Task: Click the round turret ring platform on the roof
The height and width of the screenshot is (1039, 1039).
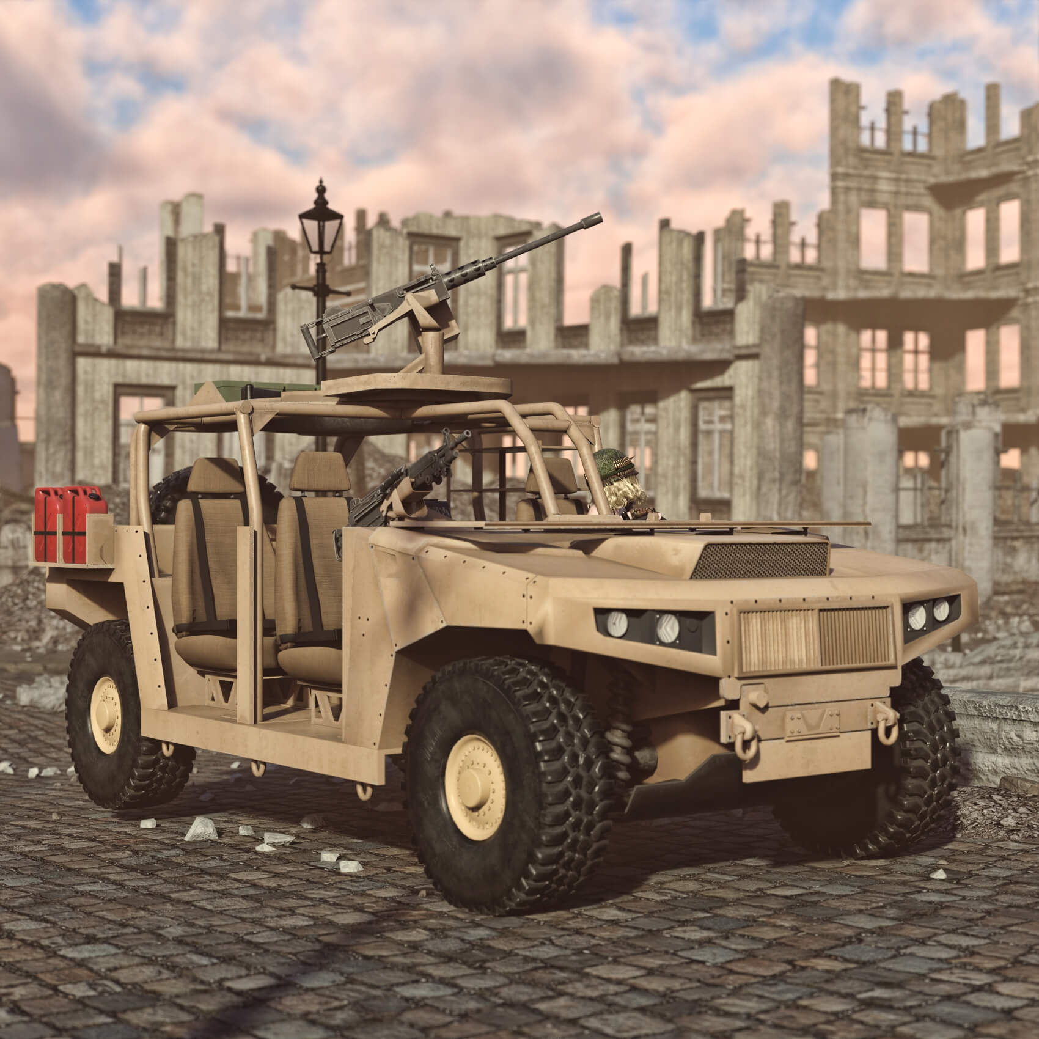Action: coord(416,385)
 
